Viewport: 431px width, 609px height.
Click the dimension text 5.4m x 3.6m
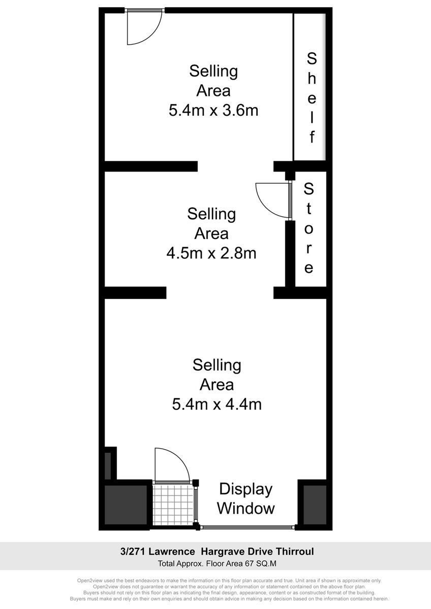213,111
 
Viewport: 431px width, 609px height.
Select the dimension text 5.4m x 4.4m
217,404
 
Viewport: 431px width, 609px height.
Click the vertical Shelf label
312,98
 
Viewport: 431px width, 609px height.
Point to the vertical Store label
309,228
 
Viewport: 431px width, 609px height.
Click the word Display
246,489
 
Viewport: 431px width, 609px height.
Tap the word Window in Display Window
246,508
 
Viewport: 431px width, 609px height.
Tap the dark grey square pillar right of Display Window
315,505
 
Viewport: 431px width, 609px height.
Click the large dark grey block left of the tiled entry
126,505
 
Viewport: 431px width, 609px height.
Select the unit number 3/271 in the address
133,552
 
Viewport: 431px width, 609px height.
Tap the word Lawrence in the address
171,552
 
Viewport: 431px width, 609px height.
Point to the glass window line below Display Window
248,527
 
